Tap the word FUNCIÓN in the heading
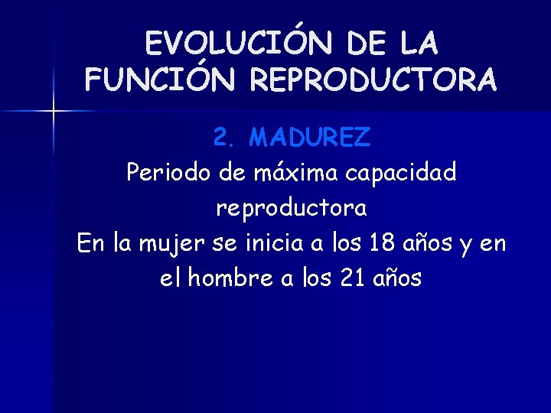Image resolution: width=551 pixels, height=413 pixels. [145, 79]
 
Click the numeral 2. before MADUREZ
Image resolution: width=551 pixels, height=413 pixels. [226, 138]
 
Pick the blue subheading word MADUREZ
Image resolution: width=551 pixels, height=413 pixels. [310, 138]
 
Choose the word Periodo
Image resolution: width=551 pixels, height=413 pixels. [168, 173]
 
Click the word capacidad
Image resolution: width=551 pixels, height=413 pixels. [401, 173]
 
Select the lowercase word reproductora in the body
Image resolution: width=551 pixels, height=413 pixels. [291, 207]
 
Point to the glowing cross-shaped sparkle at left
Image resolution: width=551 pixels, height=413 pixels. [54, 112]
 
